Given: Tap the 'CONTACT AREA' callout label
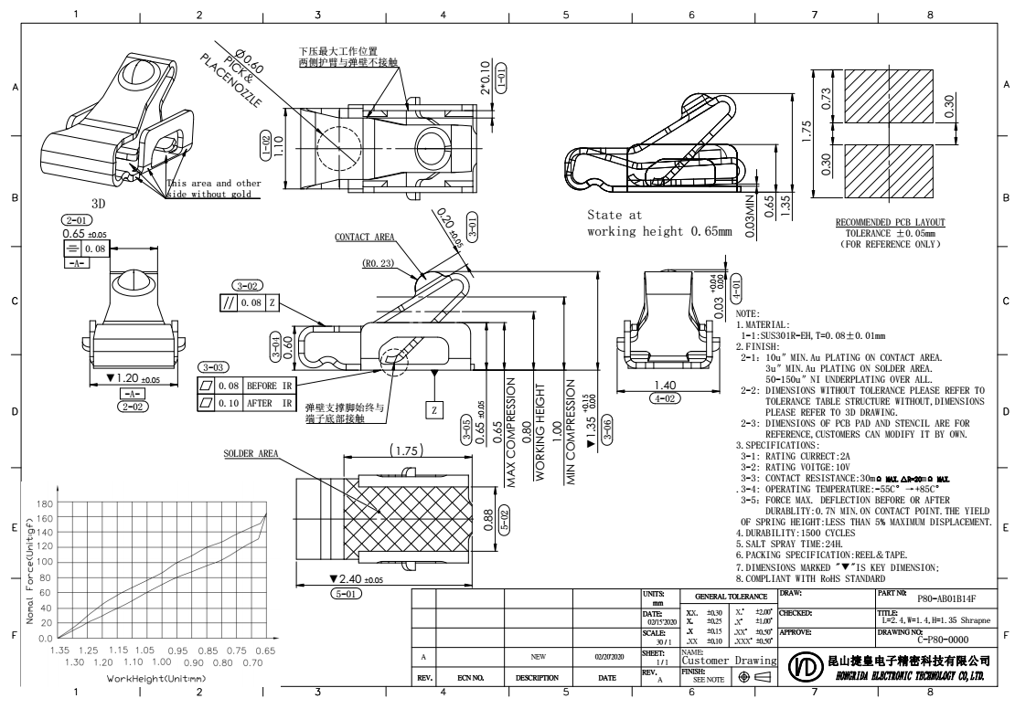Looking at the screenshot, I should click(365, 237).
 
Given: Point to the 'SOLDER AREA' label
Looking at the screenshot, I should click(251, 454).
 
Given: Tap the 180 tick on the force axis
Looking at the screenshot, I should click(45, 503).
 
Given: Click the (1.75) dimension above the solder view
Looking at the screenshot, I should click(401, 451).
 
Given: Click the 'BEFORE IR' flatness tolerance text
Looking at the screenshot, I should click(265, 387).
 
